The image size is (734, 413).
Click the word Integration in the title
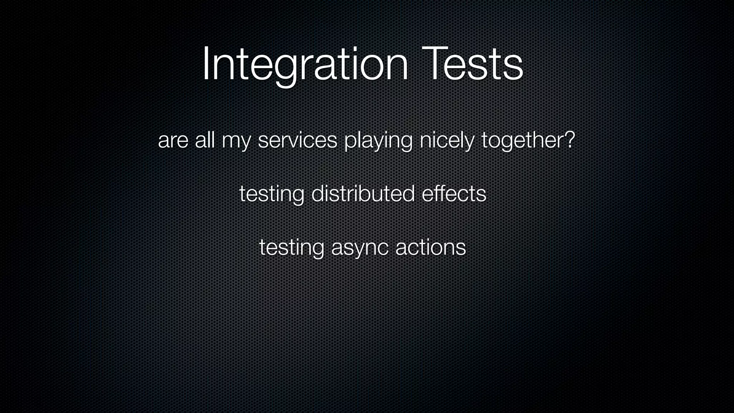305,65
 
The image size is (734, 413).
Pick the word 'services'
297,141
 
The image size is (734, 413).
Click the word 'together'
522,141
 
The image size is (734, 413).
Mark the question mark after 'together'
569,139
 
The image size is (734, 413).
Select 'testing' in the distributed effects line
272,194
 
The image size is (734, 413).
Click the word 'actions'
430,247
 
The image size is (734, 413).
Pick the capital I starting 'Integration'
206,64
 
